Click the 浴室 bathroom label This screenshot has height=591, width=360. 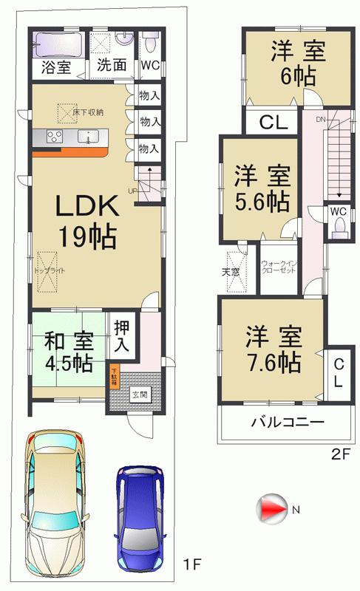[56, 66]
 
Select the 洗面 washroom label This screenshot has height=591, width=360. [111, 66]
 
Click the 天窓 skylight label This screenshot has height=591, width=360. [231, 272]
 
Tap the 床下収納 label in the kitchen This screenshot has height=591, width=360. [88, 112]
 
